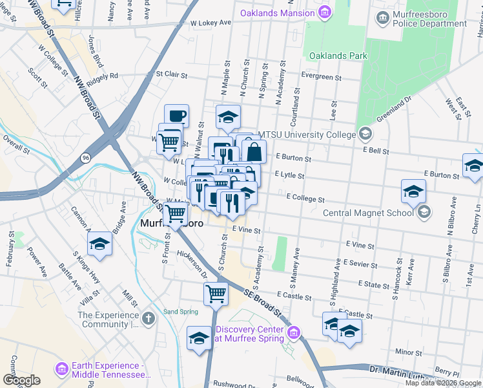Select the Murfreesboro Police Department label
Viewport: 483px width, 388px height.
click(x=429, y=19)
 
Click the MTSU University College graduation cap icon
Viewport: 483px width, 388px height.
click(x=366, y=135)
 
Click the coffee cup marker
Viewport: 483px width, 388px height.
click(x=176, y=116)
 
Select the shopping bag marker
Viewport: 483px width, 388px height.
click(x=254, y=153)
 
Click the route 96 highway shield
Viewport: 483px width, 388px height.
click(x=85, y=157)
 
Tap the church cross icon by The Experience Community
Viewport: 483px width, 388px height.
click(x=149, y=318)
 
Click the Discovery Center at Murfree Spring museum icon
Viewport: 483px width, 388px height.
click(x=293, y=333)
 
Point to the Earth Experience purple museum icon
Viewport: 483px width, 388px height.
click(x=62, y=369)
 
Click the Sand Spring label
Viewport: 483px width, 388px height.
click(x=180, y=312)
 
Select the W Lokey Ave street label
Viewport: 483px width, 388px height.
click(x=211, y=23)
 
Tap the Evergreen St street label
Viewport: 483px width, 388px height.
click(x=321, y=77)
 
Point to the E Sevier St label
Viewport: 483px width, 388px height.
click(x=360, y=263)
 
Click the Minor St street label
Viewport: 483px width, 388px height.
click(x=408, y=352)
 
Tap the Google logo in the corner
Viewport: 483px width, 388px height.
click(x=21, y=380)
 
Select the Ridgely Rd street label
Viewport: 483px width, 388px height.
click(x=103, y=76)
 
